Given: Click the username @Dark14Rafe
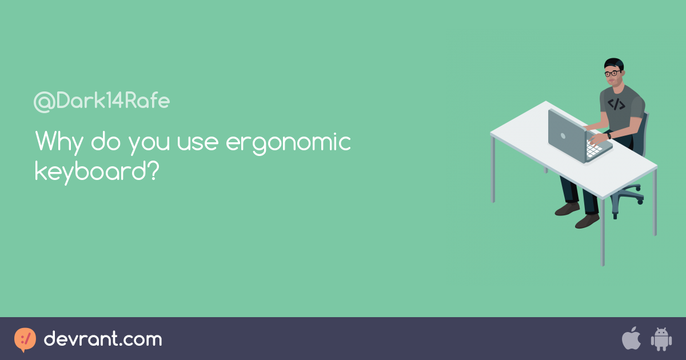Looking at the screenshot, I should [x=102, y=102].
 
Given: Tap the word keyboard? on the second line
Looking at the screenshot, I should [x=96, y=171].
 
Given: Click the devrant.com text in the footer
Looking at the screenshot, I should [x=103, y=339].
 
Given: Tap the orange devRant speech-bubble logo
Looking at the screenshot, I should [x=25, y=339].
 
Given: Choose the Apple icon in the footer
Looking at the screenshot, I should [x=631, y=339].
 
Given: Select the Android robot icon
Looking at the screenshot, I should [x=661, y=339].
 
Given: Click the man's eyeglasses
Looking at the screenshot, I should [x=612, y=73].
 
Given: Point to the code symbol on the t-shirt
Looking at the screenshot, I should [x=616, y=105].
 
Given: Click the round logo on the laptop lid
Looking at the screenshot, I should [x=563, y=136].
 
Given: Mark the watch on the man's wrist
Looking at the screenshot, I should [x=609, y=135].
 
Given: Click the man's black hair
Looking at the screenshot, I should [x=613, y=62].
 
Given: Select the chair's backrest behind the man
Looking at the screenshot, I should [x=645, y=131].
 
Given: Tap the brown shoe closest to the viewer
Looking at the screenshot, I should [x=587, y=221].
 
